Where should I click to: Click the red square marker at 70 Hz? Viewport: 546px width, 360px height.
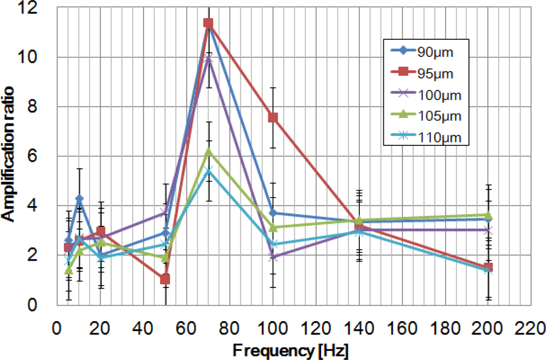click(208, 23)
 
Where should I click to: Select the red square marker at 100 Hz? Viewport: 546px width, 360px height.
click(273, 117)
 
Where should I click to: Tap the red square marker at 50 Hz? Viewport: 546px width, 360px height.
click(165, 280)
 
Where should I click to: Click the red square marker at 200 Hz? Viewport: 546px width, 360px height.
click(488, 268)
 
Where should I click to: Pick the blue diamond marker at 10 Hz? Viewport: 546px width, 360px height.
click(79, 198)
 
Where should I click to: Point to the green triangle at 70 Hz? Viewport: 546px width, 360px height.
click(208, 151)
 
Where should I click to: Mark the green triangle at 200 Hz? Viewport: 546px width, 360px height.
click(488, 215)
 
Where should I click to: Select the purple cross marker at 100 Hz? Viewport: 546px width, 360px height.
click(273, 257)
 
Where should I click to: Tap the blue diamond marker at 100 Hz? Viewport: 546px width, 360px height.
click(273, 213)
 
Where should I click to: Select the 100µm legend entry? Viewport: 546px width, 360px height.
click(425, 95)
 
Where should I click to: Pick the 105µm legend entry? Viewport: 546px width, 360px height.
click(425, 116)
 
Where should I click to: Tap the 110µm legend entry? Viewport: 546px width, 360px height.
click(425, 138)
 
